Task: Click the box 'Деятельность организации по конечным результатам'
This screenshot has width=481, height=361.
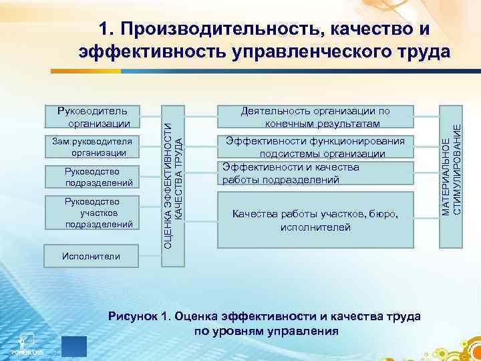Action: point(315,117)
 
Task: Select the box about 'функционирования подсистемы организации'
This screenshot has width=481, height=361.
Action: point(315,147)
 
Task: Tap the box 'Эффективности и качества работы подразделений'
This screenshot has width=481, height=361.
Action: point(315,174)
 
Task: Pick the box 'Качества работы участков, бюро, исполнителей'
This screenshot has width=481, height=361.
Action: point(315,220)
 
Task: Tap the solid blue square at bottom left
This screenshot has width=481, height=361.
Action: point(73,347)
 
